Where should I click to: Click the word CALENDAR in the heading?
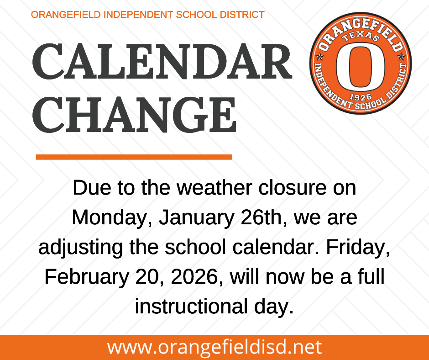162,62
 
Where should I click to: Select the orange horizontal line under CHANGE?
134,157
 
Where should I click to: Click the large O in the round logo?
360,67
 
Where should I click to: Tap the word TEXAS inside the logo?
360,37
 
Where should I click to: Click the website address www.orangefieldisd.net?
214,347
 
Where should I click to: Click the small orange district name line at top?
147,15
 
